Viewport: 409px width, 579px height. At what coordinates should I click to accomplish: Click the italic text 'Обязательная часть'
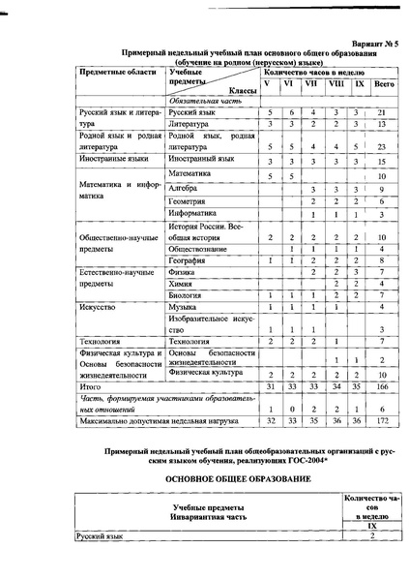[x=202, y=100]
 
